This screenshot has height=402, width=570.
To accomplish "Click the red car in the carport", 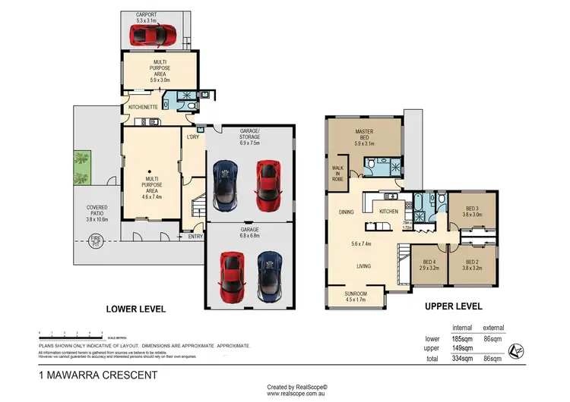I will pos(153,34).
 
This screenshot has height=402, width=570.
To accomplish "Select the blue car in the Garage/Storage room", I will pos(226,185).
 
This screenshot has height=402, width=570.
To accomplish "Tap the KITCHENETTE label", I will pos(142,108).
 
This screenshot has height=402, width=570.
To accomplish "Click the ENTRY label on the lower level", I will pos(195,237).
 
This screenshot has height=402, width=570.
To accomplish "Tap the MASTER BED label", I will pos(363,135).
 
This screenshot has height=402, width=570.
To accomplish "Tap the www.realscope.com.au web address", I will pos(296,394).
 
